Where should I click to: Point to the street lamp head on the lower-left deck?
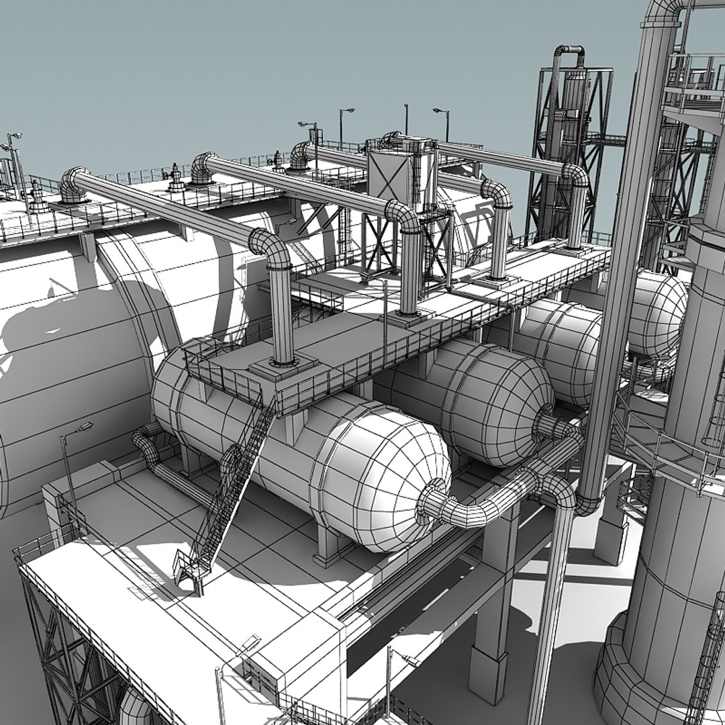(85, 427)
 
